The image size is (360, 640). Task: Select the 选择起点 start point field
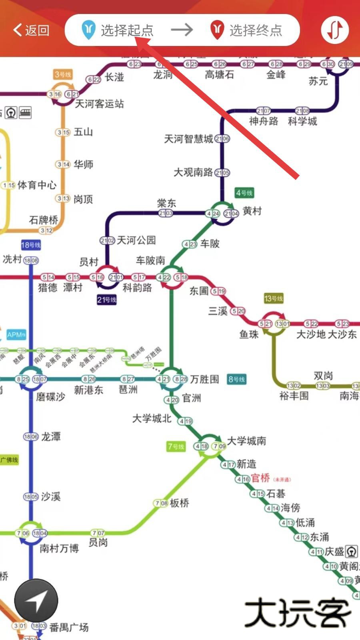118,30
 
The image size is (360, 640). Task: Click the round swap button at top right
335,30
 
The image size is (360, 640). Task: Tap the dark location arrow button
36,600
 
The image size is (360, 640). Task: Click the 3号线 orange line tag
63,74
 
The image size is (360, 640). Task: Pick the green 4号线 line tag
244,193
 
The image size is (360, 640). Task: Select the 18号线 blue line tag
31,245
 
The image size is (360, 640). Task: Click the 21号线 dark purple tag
107,300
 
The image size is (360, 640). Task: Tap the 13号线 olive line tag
274,298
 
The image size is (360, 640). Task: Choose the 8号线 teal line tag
236,379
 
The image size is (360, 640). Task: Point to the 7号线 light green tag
176,446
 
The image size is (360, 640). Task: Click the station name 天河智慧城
188,139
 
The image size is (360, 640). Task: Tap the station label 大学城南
246,441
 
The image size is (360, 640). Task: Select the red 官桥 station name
260,478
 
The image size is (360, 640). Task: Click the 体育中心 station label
37,185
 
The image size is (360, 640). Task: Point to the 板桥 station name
179,503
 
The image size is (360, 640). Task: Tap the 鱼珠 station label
249,334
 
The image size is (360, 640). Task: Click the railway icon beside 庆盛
351,552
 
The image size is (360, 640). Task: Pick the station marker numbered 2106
222,139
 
